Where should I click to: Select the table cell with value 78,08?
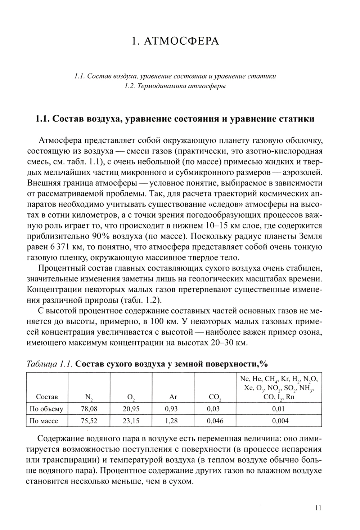tap(89, 409)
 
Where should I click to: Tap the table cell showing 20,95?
tap(131, 409)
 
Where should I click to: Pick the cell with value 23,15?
tap(131, 421)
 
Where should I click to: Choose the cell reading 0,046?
tap(215, 421)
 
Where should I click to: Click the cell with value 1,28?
tap(173, 421)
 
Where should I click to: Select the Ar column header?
tap(173, 397)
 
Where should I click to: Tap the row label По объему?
tap(47, 409)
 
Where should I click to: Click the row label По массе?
tap(44, 421)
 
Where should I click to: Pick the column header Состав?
tap(47, 397)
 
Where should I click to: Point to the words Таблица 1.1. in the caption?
tap(50, 364)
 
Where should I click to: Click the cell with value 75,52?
tap(89, 421)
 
